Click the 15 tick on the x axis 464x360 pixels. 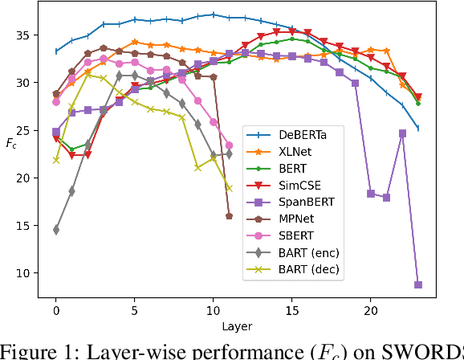coord(292,309)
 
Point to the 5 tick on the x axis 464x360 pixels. coord(135,309)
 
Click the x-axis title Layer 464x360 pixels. coord(238,326)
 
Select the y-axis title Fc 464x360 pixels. coord(11,144)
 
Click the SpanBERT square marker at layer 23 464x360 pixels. coord(418,284)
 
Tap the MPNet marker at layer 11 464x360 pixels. coord(229,216)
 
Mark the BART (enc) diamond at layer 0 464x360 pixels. coord(56,230)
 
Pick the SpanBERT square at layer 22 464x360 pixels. coord(402,133)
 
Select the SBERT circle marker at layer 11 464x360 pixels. coord(229,145)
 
